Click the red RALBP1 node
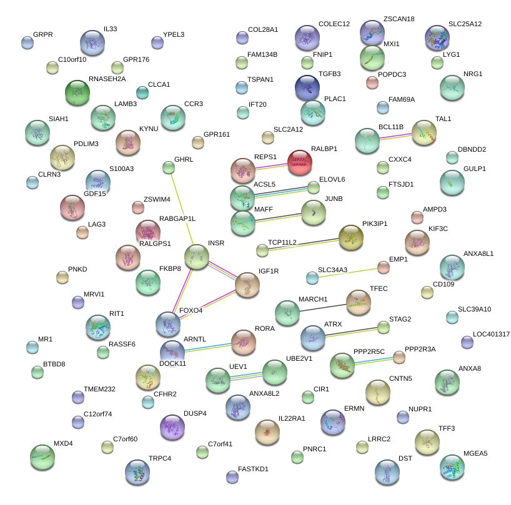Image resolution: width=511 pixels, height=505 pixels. [x=299, y=162]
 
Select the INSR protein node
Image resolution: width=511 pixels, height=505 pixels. [x=197, y=257]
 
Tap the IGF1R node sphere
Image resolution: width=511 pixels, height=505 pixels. [x=247, y=285]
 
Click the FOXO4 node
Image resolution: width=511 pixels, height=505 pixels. [x=168, y=323]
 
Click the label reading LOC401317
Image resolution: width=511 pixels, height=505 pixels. [x=491, y=335]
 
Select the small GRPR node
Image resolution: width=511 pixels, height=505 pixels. [x=27, y=42]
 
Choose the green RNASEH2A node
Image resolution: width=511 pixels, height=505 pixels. [x=77, y=92]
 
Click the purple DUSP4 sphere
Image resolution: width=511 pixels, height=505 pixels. [x=172, y=427]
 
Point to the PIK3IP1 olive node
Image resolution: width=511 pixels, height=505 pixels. [x=350, y=237]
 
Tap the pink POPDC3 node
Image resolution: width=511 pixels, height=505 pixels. [x=372, y=81]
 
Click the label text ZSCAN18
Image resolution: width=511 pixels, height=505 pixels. [x=399, y=19]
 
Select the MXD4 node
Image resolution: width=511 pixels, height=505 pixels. [x=42, y=457]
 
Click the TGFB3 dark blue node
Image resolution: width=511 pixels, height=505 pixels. [x=307, y=87]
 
